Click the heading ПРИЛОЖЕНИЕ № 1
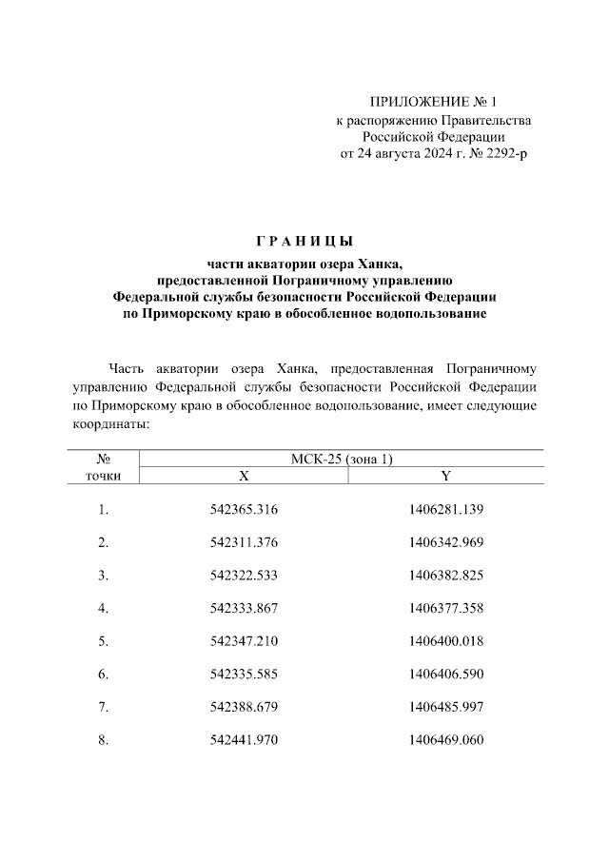click(x=434, y=102)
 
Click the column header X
click(x=244, y=475)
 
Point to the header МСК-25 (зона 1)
click(x=342, y=459)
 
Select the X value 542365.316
click(x=244, y=510)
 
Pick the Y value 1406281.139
click(x=446, y=510)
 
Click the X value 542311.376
click(x=244, y=542)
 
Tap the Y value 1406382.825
click(x=446, y=576)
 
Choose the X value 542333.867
click(x=244, y=609)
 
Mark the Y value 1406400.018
click(x=446, y=641)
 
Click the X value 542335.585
click(x=244, y=675)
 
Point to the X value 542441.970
click(x=244, y=740)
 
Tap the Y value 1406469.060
click(x=446, y=740)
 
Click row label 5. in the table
click(x=103, y=641)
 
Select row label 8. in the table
click(x=103, y=740)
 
